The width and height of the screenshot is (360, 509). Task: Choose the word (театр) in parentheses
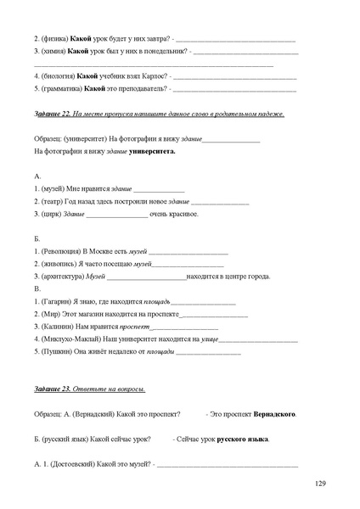click(53, 201)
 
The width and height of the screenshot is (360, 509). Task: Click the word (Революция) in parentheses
click(60, 252)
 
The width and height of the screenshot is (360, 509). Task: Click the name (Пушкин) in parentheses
click(57, 350)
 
